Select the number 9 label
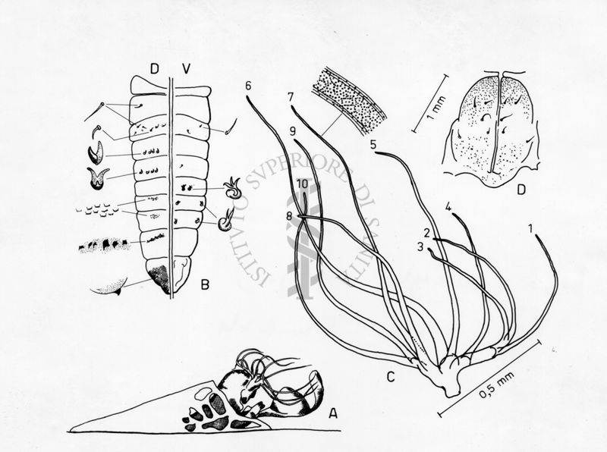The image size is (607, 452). pos(292,131)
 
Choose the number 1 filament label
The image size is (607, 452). pos(530,228)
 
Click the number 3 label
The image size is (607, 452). pos(420,246)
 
